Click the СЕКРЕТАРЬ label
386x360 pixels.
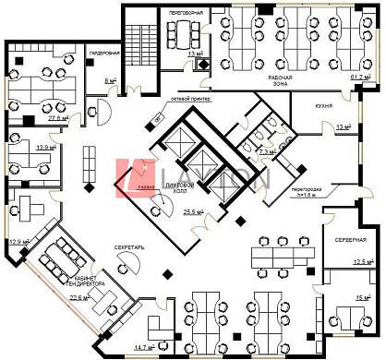(x=127, y=250)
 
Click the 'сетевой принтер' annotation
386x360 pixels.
(x=190, y=97)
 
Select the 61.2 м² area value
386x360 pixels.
(x=360, y=78)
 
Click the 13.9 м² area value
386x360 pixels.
(x=42, y=147)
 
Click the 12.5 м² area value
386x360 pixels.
(x=362, y=262)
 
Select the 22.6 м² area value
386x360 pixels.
(x=80, y=298)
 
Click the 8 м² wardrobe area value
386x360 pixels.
(x=110, y=81)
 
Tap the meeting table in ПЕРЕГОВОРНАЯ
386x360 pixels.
(x=186, y=33)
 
